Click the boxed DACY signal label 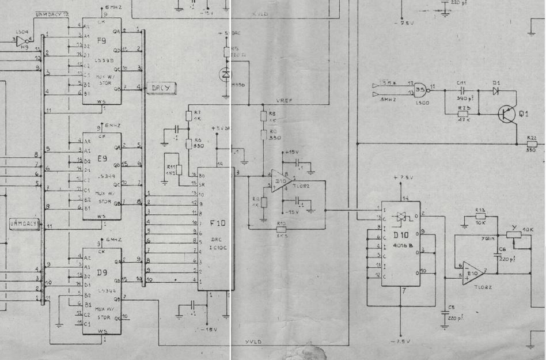[x=162, y=88]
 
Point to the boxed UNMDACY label [x=23, y=223]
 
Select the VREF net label [x=285, y=101]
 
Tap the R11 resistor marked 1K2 [x=179, y=169]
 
